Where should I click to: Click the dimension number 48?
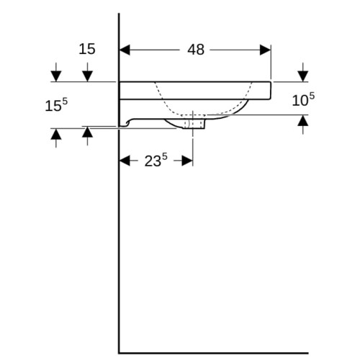click(196, 50)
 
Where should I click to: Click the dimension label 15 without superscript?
click(87, 49)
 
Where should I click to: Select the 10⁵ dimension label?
click(303, 99)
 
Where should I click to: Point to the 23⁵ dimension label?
click(156, 160)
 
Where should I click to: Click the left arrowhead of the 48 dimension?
click(125, 50)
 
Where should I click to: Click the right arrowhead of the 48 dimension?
click(266, 50)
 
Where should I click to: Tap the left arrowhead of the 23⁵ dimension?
click(125, 161)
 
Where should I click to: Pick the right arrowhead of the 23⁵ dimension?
click(187, 161)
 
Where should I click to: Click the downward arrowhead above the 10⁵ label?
click(303, 76)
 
